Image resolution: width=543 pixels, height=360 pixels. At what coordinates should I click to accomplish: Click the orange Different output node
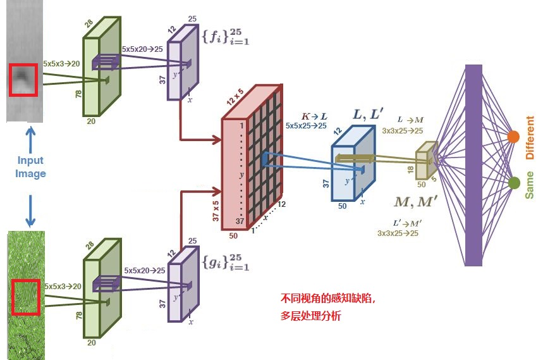click(x=513, y=137)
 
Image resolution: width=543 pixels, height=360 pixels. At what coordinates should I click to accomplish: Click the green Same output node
click(x=514, y=183)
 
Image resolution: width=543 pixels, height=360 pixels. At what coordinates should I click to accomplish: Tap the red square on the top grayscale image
click(x=23, y=80)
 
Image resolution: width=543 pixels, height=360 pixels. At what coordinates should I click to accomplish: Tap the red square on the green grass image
click(x=24, y=297)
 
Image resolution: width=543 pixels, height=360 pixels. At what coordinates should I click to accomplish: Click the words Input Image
click(x=30, y=167)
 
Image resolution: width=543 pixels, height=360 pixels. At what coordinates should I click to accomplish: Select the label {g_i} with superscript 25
click(x=225, y=262)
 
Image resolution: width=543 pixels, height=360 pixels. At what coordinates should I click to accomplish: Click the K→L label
click(x=315, y=116)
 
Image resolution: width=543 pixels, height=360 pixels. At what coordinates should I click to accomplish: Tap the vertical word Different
click(x=530, y=137)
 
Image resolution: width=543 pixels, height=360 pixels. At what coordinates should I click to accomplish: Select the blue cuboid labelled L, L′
click(x=349, y=166)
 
